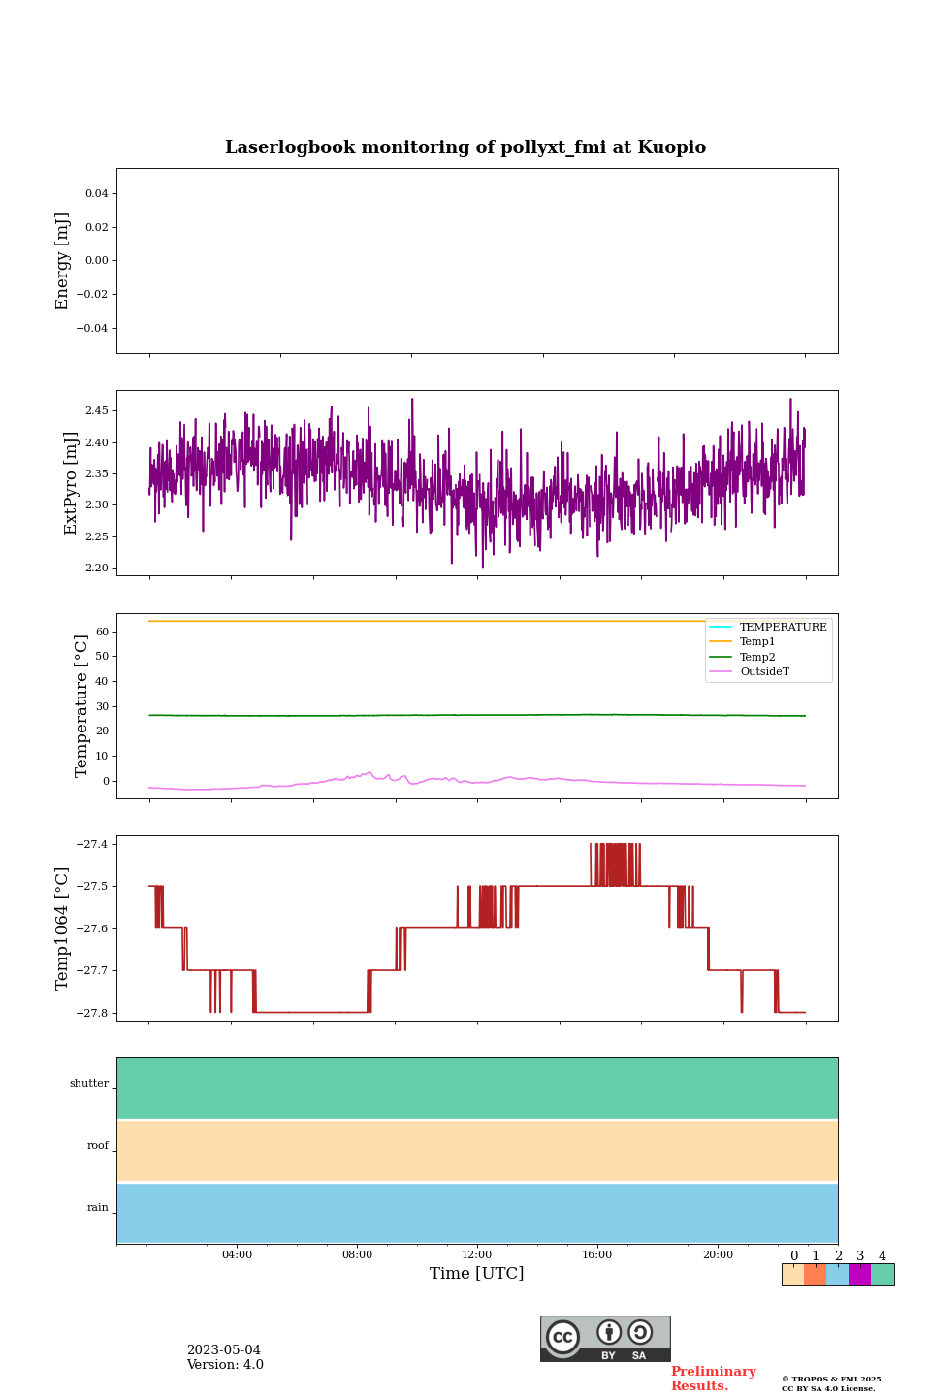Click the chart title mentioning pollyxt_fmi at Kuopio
point(465,147)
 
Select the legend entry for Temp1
point(756,642)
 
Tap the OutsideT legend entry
point(764,672)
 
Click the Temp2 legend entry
point(756,657)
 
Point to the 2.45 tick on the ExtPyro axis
point(96,411)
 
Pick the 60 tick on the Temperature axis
point(101,632)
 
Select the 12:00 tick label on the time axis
point(477,1255)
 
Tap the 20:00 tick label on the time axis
point(718,1255)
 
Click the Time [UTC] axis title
point(477,1274)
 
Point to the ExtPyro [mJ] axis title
point(71,483)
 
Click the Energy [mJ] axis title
point(63,261)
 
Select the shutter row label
point(89,1084)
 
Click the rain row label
point(98,1208)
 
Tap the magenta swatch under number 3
point(859,1275)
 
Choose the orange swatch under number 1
point(815,1275)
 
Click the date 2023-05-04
point(223,1350)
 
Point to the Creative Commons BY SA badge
point(605,1339)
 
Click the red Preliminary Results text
point(713,1379)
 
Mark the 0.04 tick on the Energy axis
point(96,194)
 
